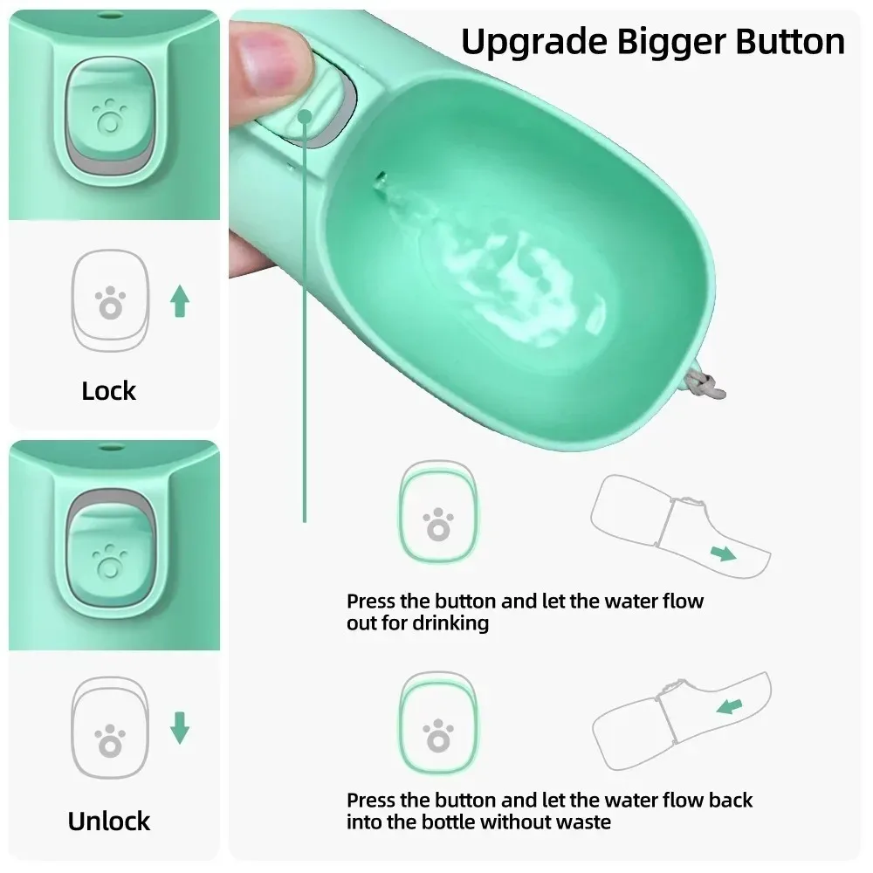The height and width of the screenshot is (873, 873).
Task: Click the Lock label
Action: [109, 391]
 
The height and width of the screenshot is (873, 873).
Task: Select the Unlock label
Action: [109, 821]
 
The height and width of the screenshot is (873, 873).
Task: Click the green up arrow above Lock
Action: [180, 301]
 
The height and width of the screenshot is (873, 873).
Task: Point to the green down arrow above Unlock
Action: [180, 727]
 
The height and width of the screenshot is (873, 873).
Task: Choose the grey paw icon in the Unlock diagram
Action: [109, 734]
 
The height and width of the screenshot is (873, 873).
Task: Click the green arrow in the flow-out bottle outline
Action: [722, 553]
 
